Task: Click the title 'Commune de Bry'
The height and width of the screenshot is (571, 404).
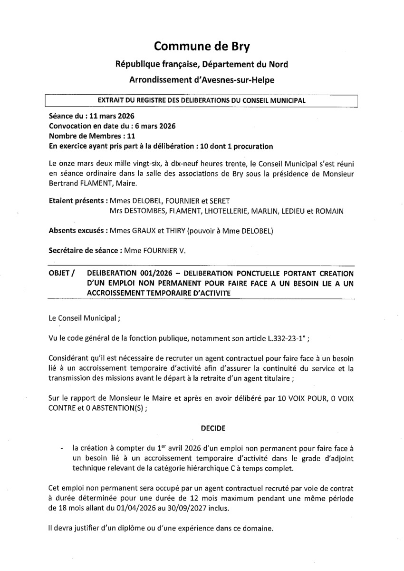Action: pos(202,46)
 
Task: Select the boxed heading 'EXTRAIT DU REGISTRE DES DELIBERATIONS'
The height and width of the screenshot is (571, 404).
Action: pos(201,100)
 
